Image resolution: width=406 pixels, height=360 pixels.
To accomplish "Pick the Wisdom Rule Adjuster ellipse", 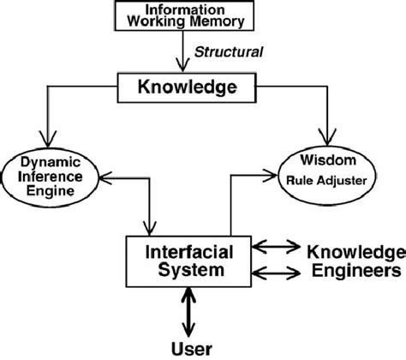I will pos(325,171).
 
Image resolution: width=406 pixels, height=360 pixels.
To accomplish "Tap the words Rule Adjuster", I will pos(326,181).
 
